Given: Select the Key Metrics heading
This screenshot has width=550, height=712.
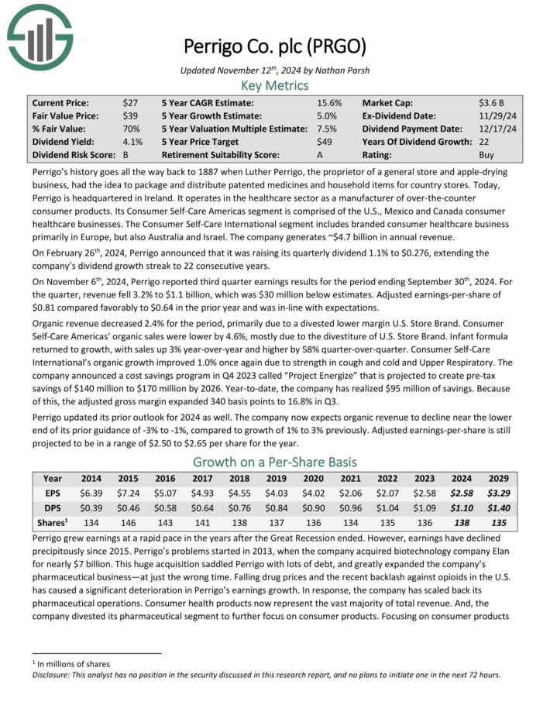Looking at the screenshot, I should (x=274, y=84).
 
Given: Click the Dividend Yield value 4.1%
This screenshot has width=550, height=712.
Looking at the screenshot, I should (x=132, y=142).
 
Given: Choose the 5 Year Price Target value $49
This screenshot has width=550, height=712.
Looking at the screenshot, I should (x=324, y=142).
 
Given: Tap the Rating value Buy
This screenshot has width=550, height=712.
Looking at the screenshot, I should (x=487, y=155).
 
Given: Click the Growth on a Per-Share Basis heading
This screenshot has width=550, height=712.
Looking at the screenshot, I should (x=274, y=462).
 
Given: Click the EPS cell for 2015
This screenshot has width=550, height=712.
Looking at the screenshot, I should (x=128, y=493).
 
